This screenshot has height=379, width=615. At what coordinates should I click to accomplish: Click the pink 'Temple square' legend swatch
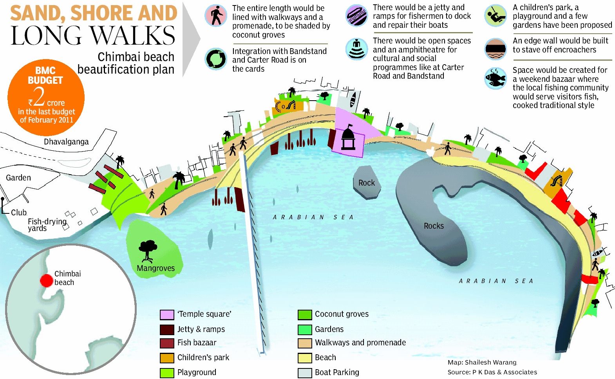[167, 315]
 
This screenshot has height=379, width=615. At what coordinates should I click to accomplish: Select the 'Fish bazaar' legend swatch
[167, 343]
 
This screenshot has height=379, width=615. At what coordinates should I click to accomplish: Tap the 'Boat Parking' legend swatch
[304, 373]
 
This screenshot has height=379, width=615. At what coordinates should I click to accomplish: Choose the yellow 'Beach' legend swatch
[304, 358]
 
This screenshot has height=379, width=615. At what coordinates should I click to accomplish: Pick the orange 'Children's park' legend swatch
[167, 358]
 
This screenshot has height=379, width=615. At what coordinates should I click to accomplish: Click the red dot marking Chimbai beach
[47, 280]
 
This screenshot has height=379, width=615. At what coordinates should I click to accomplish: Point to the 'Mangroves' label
[156, 268]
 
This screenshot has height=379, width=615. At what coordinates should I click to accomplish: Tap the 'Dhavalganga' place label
[66, 142]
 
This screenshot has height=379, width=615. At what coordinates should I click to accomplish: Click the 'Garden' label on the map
[18, 178]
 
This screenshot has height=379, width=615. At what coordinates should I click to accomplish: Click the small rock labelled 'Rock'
[367, 183]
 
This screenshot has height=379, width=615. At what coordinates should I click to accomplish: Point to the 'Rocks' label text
[434, 226]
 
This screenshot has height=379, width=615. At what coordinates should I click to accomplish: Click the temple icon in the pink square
[348, 139]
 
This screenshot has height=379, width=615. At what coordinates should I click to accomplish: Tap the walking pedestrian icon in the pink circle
[216, 16]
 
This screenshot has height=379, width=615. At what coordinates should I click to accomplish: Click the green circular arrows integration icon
[216, 59]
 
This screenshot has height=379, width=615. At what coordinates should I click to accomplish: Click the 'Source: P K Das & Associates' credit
[492, 372]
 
